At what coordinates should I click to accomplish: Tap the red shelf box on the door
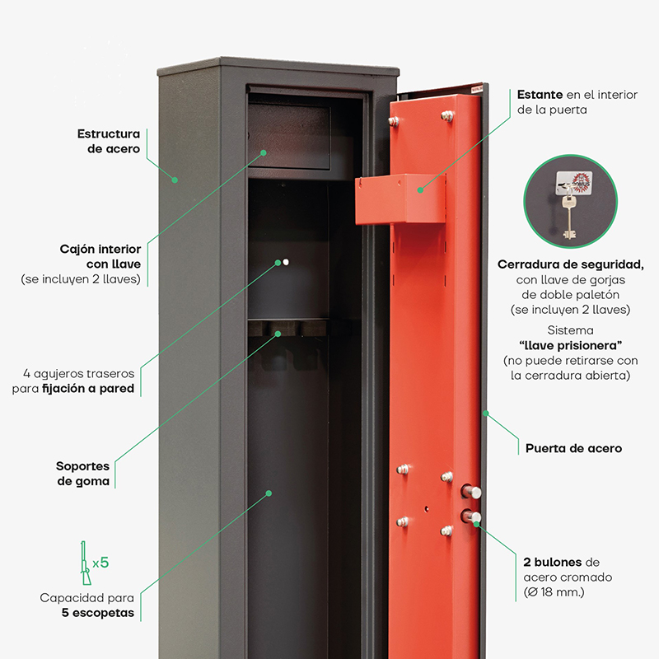click(x=400, y=199)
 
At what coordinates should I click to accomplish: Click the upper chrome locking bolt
click(x=470, y=492)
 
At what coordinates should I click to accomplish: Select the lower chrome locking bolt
click(x=470, y=516)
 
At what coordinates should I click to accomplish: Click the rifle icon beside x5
click(x=86, y=563)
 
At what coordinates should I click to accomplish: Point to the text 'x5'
click(x=100, y=563)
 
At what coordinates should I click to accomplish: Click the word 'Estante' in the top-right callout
click(x=540, y=95)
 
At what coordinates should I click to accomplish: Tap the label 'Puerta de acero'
click(x=573, y=448)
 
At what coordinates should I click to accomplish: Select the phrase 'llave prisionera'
click(x=570, y=345)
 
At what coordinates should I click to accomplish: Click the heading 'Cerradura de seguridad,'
click(x=570, y=264)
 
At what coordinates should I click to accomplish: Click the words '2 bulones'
click(x=553, y=563)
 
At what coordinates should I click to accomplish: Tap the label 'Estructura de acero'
click(x=109, y=141)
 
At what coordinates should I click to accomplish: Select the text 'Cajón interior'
click(x=100, y=250)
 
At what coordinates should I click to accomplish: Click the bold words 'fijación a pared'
click(x=88, y=389)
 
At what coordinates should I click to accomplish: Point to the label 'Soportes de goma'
click(x=83, y=474)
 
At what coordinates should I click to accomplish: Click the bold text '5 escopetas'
click(x=98, y=613)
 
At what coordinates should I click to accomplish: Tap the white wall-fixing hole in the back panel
click(x=286, y=262)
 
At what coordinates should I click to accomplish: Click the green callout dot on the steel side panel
click(x=175, y=180)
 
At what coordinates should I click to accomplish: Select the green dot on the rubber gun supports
click(x=278, y=334)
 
